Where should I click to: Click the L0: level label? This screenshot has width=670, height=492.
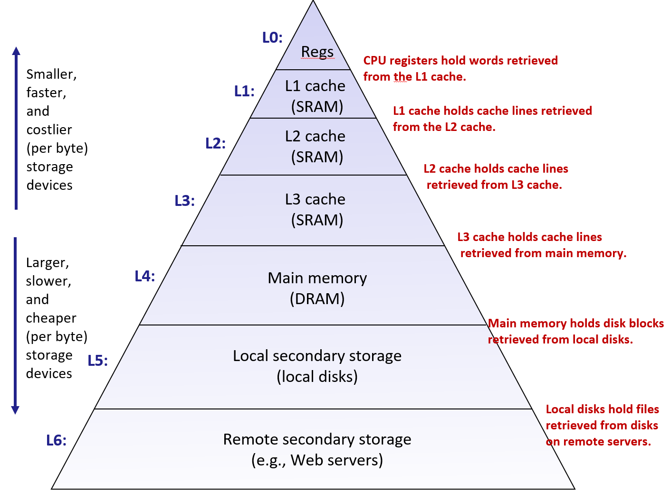pyautogui.click(x=272, y=37)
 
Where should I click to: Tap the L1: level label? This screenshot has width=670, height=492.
pyautogui.click(x=244, y=91)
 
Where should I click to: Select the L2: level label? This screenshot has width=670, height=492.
pyautogui.click(x=215, y=143)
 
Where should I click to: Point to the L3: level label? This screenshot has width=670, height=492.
pyautogui.click(x=184, y=201)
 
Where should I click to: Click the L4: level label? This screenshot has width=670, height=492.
pyautogui.click(x=144, y=276)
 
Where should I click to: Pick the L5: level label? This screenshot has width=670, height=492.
pyautogui.click(x=98, y=361)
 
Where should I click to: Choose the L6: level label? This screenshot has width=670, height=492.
pyautogui.click(x=56, y=440)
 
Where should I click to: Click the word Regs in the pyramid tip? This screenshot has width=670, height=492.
pyautogui.click(x=317, y=51)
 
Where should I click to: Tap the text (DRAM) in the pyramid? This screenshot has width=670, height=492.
pyautogui.click(x=317, y=299)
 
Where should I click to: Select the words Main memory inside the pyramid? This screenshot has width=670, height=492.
pyautogui.click(x=317, y=278)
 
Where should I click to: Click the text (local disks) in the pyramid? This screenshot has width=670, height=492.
pyautogui.click(x=317, y=377)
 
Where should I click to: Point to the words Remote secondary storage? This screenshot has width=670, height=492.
pyautogui.click(x=317, y=439)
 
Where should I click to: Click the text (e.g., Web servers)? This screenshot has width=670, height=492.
pyautogui.click(x=317, y=460)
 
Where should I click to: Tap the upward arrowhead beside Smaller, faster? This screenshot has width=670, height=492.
pyautogui.click(x=16, y=51)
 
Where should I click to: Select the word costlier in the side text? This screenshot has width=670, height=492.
pyautogui.click(x=49, y=130)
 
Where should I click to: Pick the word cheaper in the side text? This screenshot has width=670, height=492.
pyautogui.click(x=51, y=318)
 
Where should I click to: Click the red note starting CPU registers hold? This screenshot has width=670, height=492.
pyautogui.click(x=460, y=68)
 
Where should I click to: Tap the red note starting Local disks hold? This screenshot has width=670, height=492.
pyautogui.click(x=602, y=425)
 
